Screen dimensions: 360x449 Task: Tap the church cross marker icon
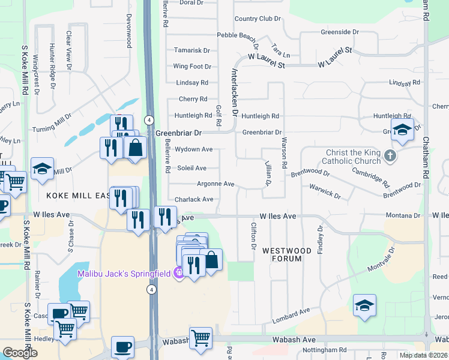390,157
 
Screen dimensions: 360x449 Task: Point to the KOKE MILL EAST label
77,196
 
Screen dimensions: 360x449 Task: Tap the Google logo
20,353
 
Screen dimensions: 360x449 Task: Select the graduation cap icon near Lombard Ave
364,306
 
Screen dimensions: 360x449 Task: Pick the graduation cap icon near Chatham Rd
402,130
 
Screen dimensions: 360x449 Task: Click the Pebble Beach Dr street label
238,36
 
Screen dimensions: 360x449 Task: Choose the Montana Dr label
403,215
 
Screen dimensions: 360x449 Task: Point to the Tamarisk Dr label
192,51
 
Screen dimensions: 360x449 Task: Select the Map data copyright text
424,355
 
